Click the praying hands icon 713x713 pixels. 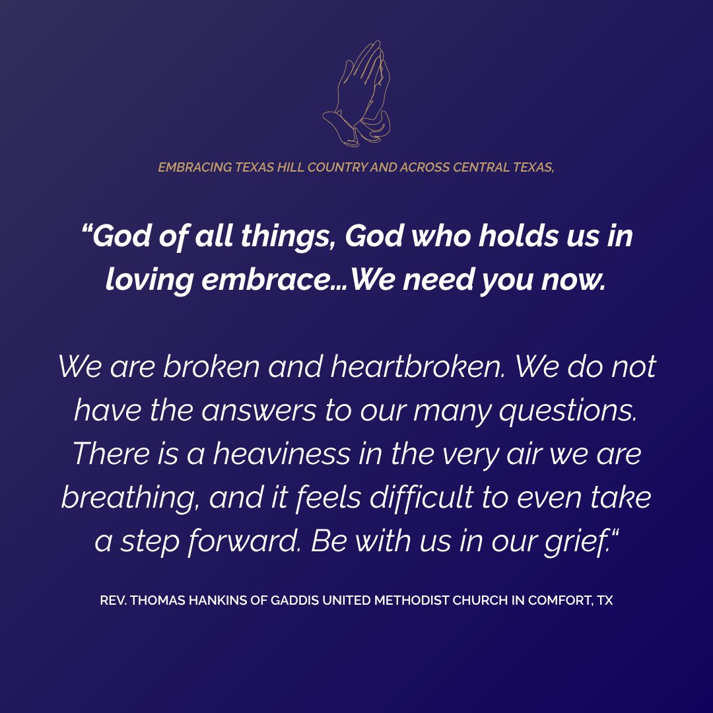coord(356,94)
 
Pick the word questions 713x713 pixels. coord(568,411)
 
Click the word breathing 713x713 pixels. coord(130,498)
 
